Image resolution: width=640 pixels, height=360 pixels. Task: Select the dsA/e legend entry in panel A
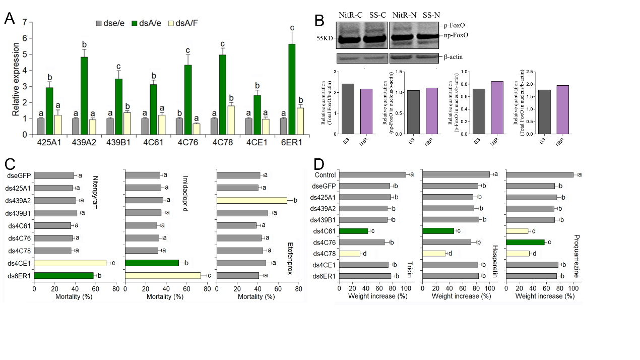[149, 23]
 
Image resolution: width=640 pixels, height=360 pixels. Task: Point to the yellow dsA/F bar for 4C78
[232, 120]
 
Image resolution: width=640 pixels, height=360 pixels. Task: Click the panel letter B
[319, 21]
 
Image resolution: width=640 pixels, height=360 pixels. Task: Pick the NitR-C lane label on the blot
[351, 15]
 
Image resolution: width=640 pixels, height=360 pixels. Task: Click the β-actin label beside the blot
[453, 57]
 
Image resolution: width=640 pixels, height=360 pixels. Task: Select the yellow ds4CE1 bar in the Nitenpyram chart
[70, 263]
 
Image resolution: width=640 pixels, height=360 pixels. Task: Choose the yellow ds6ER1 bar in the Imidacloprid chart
[163, 275]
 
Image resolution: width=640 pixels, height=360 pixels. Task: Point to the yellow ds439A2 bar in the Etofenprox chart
[252, 200]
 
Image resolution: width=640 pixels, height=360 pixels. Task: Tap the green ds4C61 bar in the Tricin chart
[353, 230]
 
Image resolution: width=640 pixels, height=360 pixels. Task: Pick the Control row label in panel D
[326, 175]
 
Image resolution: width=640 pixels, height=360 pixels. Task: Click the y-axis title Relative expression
[17, 80]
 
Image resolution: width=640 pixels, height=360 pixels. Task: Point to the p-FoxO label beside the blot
[454, 25]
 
